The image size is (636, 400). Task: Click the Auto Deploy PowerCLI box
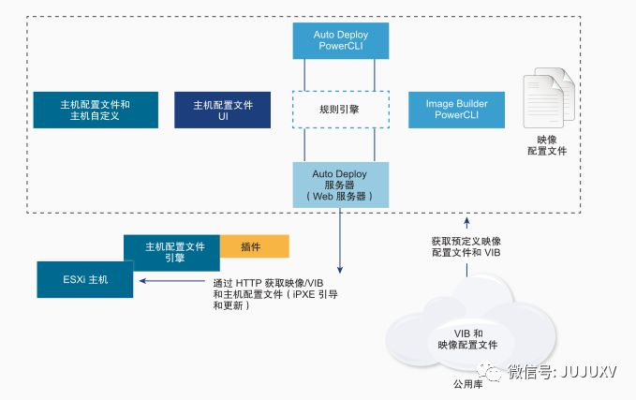340,40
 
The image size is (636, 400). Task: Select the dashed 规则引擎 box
340,109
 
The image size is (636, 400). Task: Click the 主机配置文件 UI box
223,110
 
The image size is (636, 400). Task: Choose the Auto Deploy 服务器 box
340,185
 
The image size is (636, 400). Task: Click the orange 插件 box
254,246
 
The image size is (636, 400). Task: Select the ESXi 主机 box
85,279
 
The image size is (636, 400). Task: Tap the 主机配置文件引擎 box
171,251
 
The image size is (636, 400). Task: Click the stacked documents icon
546,99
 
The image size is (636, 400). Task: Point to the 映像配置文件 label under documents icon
547,144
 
